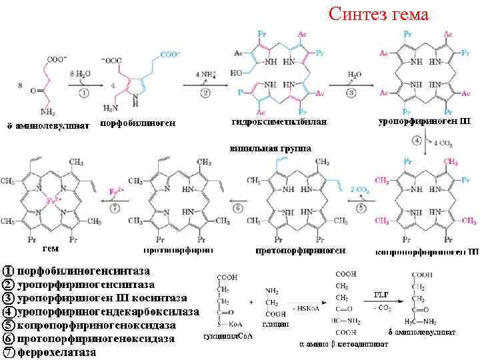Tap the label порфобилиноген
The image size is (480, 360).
point(137,123)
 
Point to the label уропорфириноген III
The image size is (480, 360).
point(425,121)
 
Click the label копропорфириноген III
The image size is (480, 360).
point(427,252)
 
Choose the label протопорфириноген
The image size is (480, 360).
point(301,251)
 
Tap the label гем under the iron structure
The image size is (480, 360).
point(51,249)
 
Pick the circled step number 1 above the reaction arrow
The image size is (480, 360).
point(83,93)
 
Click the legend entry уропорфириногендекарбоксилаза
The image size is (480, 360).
point(108,312)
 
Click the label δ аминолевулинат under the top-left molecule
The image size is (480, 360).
point(47,124)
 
